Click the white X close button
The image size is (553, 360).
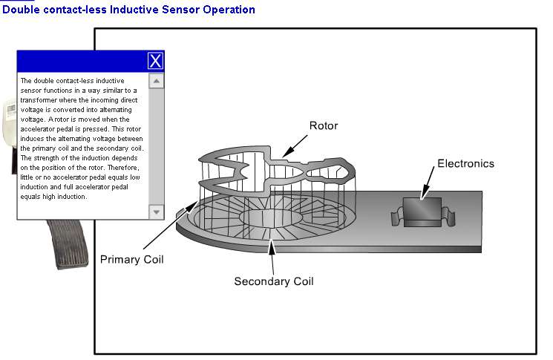click(x=154, y=61)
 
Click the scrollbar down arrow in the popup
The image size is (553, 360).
click(x=156, y=212)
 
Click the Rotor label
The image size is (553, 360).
click(x=323, y=125)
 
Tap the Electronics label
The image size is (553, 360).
click(x=465, y=163)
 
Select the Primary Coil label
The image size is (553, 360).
click(x=131, y=259)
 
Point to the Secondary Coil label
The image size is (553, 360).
click(x=274, y=281)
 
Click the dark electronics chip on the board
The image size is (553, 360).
click(x=421, y=212)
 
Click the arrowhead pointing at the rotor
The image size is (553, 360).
click(x=288, y=154)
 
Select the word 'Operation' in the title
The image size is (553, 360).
click(x=228, y=10)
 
